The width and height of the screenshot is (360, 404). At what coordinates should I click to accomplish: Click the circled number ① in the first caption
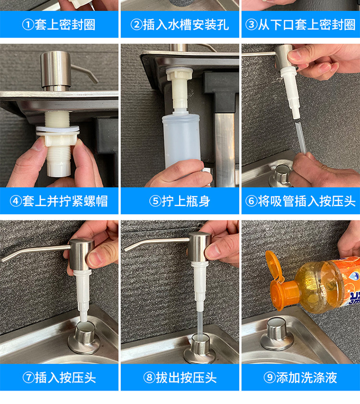tap(28, 24)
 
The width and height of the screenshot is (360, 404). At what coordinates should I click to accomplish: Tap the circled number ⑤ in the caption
tap(155, 201)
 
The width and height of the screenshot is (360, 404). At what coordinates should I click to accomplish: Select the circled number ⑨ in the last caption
tap(270, 378)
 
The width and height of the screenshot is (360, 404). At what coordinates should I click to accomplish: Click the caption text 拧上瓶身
tap(186, 201)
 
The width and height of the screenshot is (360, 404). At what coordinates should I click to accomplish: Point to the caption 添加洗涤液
tap(307, 378)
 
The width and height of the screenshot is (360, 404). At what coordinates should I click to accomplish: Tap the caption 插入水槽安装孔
tap(186, 24)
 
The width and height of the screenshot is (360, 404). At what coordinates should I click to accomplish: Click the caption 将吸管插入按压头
tap(306, 201)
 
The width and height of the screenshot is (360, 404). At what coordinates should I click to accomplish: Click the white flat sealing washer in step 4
tap(58, 128)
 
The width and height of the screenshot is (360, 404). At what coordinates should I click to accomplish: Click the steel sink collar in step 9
tap(276, 335)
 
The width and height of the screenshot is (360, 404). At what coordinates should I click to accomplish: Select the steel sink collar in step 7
tap(84, 338)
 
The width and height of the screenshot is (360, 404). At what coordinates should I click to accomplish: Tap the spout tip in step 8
tap(127, 249)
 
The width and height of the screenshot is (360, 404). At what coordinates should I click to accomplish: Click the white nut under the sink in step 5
tap(179, 73)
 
